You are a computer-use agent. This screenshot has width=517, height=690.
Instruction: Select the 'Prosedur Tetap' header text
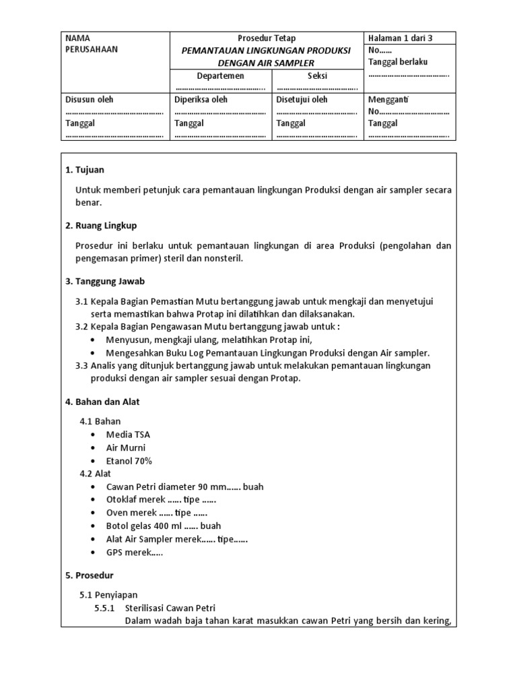267,38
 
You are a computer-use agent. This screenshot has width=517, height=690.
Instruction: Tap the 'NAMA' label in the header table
77,38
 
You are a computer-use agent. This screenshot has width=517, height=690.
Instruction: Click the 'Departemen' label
220,76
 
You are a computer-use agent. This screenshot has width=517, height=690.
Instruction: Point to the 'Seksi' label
317,76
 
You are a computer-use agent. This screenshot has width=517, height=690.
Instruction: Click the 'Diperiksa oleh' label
201,100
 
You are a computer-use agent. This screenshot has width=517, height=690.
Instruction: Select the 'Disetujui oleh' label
302,100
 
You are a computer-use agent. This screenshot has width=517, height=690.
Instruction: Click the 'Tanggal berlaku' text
398,62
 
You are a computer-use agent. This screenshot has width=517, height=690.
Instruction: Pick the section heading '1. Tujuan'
85,170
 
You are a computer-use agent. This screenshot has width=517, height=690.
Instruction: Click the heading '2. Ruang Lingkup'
101,225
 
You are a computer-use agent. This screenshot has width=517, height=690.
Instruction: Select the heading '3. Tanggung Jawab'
104,281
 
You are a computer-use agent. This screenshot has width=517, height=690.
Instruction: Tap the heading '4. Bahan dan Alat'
102,402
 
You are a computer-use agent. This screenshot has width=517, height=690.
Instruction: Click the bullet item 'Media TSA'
128,435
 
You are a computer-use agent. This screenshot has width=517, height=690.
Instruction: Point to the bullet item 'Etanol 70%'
129,461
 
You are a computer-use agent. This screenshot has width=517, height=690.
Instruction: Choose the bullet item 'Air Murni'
126,447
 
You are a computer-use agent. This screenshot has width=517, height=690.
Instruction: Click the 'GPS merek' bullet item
135,552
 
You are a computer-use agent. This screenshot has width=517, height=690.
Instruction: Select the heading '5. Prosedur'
90,575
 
